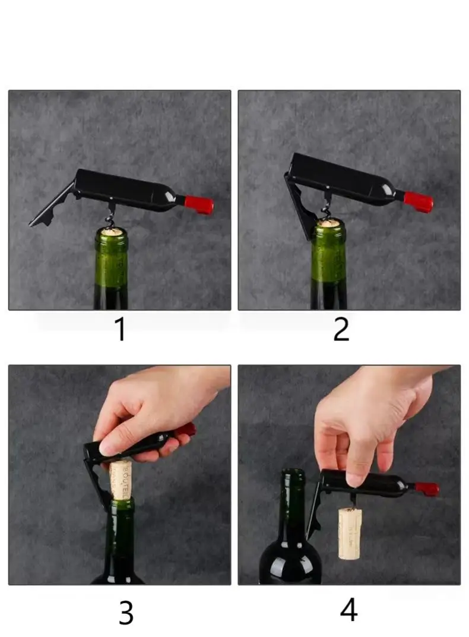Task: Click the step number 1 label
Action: click(x=120, y=330)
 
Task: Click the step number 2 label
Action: click(x=341, y=330)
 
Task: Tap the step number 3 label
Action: click(x=126, y=613)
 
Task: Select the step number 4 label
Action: click(x=348, y=610)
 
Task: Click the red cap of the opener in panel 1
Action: click(x=199, y=204)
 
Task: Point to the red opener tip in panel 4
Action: click(x=427, y=489)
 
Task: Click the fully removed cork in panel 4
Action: click(x=350, y=533)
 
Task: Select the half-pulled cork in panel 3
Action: click(x=121, y=479)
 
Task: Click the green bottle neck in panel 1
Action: click(x=111, y=261)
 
